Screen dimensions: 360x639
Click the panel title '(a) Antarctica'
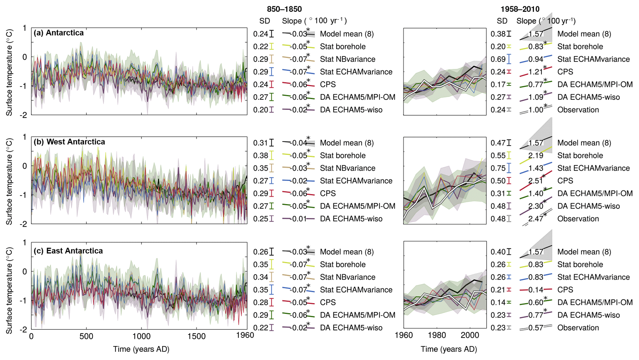tap(58, 33)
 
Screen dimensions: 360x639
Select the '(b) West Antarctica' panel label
tap(69, 142)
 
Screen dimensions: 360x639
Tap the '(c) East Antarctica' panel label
tap(68, 251)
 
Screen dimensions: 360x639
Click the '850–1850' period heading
tap(284, 9)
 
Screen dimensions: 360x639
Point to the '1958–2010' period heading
tap(520, 9)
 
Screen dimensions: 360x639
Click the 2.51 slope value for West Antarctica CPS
tap(535, 181)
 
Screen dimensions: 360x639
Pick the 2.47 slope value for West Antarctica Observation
tap(535, 219)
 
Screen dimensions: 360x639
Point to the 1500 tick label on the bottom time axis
tap(196, 336)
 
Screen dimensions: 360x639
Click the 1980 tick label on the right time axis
tap(437, 335)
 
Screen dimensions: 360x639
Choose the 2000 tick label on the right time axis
tap(470, 335)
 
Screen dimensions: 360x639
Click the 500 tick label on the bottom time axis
tap(86, 336)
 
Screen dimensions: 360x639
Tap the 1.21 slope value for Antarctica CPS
tap(535, 72)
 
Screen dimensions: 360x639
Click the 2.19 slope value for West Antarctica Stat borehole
tap(535, 156)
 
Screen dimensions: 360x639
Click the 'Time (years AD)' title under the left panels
tap(141, 349)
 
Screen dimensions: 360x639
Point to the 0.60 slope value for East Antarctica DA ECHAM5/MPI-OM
tap(535, 302)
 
